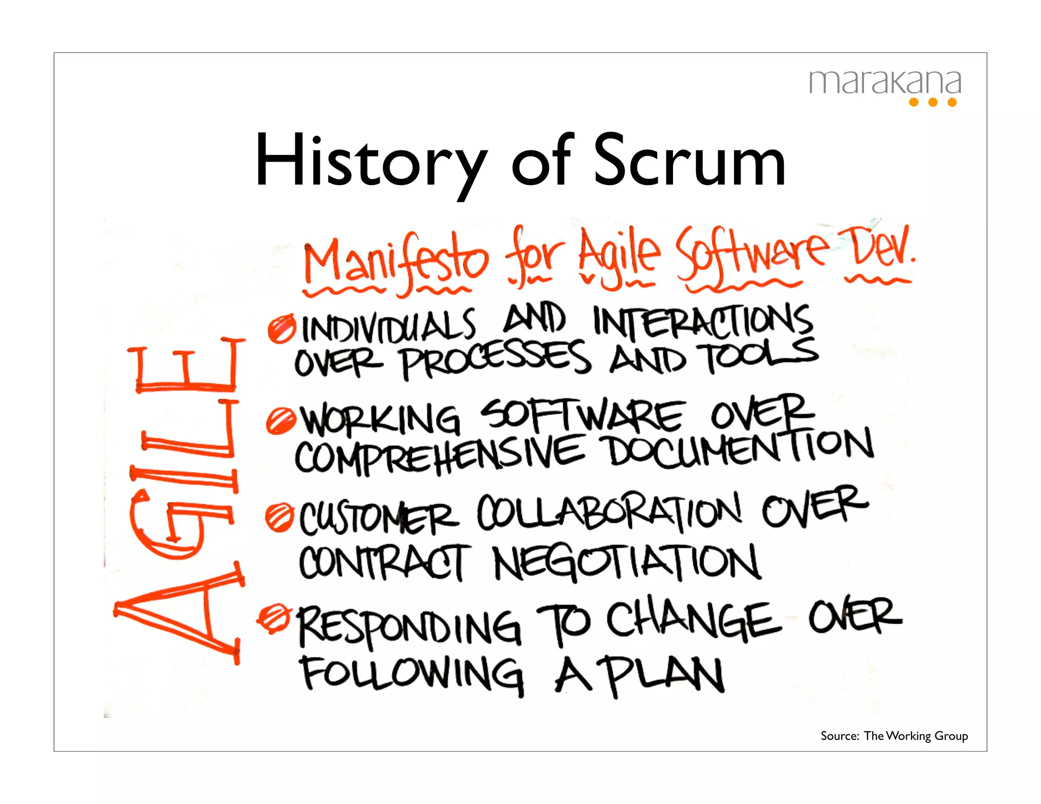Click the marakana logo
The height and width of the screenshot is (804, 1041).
884,86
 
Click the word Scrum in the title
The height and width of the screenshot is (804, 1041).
690,162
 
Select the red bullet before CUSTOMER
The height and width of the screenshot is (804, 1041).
279,517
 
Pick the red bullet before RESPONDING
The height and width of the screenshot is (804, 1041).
274,618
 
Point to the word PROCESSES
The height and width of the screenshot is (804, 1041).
496,359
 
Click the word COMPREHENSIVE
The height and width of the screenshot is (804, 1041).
440,455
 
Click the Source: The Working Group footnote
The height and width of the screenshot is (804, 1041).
894,735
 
